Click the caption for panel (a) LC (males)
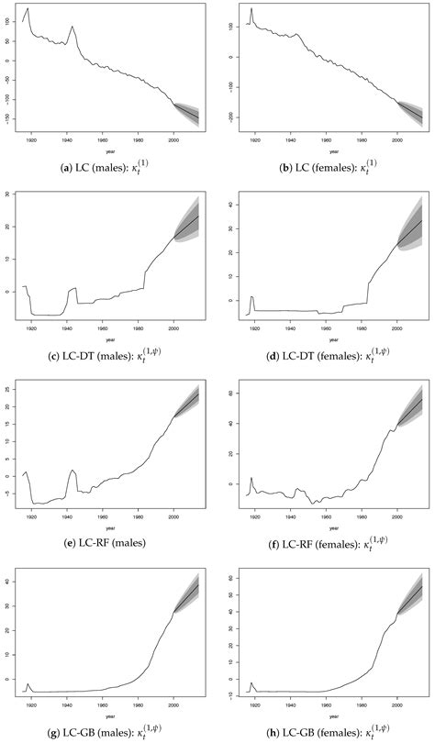(x=109, y=168)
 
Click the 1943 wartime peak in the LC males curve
(x=72, y=28)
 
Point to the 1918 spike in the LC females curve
(x=251, y=10)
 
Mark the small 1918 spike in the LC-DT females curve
(x=251, y=297)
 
